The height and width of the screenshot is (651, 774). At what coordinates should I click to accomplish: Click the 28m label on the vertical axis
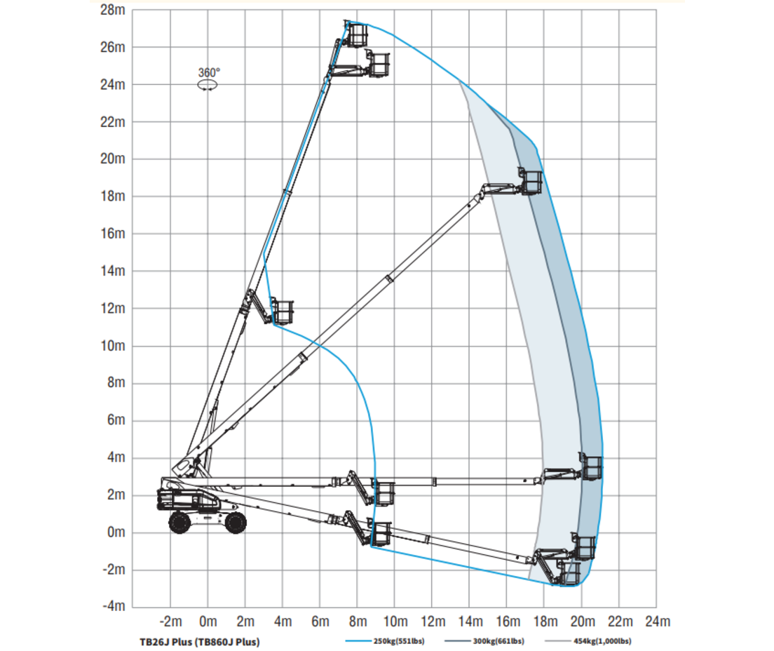pyautogui.click(x=113, y=9)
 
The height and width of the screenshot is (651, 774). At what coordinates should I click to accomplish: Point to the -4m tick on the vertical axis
pyautogui.click(x=114, y=605)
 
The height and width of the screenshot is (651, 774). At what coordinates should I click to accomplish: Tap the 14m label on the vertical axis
pyautogui.click(x=113, y=271)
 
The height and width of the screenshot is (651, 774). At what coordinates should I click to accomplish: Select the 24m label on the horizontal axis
pyautogui.click(x=658, y=621)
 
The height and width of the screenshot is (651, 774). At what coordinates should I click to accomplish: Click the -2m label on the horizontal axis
pyautogui.click(x=171, y=621)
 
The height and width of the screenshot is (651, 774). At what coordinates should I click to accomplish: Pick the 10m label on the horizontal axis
pyautogui.click(x=395, y=621)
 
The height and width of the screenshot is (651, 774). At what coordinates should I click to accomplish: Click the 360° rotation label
pyautogui.click(x=209, y=73)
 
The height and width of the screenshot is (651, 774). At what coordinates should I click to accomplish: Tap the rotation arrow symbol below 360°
pyautogui.click(x=208, y=86)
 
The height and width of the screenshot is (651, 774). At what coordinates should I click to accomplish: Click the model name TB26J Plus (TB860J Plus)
pyautogui.click(x=199, y=642)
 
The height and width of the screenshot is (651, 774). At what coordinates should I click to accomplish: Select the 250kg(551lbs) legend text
pyautogui.click(x=399, y=641)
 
